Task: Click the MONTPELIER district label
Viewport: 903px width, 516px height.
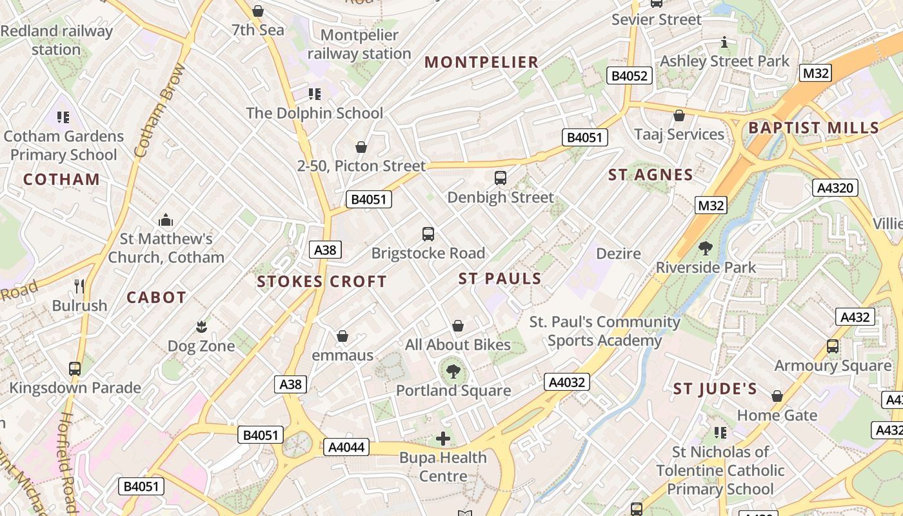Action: pyautogui.click(x=481, y=62)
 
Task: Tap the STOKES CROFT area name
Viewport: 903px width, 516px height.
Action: pyautogui.click(x=321, y=281)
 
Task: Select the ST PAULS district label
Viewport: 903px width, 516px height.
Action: pyautogui.click(x=500, y=279)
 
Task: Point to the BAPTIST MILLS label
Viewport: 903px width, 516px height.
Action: pyautogui.click(x=813, y=128)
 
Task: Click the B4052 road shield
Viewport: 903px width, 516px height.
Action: pyautogui.click(x=630, y=76)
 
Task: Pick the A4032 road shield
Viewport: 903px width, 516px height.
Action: pyautogui.click(x=567, y=382)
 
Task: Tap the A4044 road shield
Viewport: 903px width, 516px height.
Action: pyautogui.click(x=347, y=446)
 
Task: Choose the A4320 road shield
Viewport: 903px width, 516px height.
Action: pyautogui.click(x=835, y=188)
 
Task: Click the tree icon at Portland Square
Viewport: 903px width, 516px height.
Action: pyautogui.click(x=453, y=371)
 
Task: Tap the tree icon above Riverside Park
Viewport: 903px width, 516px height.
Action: pyautogui.click(x=706, y=248)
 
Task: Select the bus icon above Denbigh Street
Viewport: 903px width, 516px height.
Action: pyautogui.click(x=500, y=177)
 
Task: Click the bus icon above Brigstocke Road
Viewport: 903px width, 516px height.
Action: pyautogui.click(x=428, y=233)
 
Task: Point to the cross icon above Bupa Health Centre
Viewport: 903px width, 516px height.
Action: pyautogui.click(x=443, y=439)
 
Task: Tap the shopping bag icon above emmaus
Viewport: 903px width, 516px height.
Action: pyautogui.click(x=342, y=336)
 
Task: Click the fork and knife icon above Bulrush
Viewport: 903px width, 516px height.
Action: pyautogui.click(x=79, y=286)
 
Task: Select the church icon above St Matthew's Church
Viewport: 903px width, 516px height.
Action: pyautogui.click(x=166, y=220)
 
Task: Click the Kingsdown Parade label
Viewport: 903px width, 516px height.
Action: pyautogui.click(x=75, y=388)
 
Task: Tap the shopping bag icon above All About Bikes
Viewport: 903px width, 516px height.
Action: pyautogui.click(x=458, y=326)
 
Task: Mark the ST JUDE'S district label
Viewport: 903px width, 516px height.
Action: pyautogui.click(x=715, y=389)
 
